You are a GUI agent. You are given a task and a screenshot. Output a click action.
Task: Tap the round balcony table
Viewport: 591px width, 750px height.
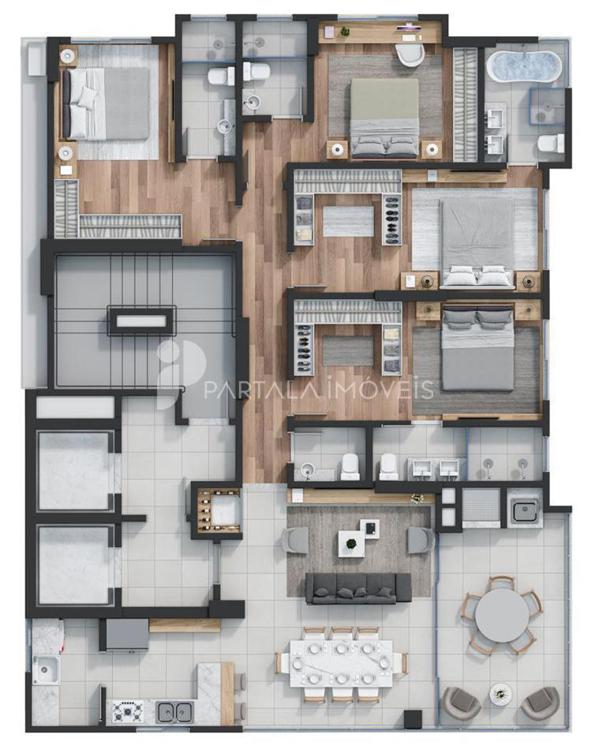(x=502, y=615)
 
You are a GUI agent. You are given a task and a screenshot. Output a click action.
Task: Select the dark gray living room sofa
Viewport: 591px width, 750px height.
(x=358, y=588)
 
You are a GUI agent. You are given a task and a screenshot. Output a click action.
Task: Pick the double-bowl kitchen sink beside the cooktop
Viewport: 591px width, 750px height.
(x=175, y=712)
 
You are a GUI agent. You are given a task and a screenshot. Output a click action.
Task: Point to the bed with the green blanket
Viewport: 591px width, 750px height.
(x=384, y=118)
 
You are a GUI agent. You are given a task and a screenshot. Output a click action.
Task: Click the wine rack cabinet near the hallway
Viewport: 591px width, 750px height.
(x=219, y=510)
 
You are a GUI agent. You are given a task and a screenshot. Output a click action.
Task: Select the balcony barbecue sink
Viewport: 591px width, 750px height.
(x=524, y=511)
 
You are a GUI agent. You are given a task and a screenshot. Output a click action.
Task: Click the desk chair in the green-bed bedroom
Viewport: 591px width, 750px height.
(x=410, y=55)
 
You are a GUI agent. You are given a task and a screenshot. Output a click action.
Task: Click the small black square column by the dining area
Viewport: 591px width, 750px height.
(x=413, y=719)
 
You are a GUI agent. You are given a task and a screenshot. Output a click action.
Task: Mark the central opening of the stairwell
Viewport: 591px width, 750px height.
(x=141, y=320)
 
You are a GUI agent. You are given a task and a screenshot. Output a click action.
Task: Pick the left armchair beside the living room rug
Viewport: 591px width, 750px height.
(x=295, y=540)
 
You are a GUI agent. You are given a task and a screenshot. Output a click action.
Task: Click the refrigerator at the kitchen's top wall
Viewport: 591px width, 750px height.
(x=127, y=635)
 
